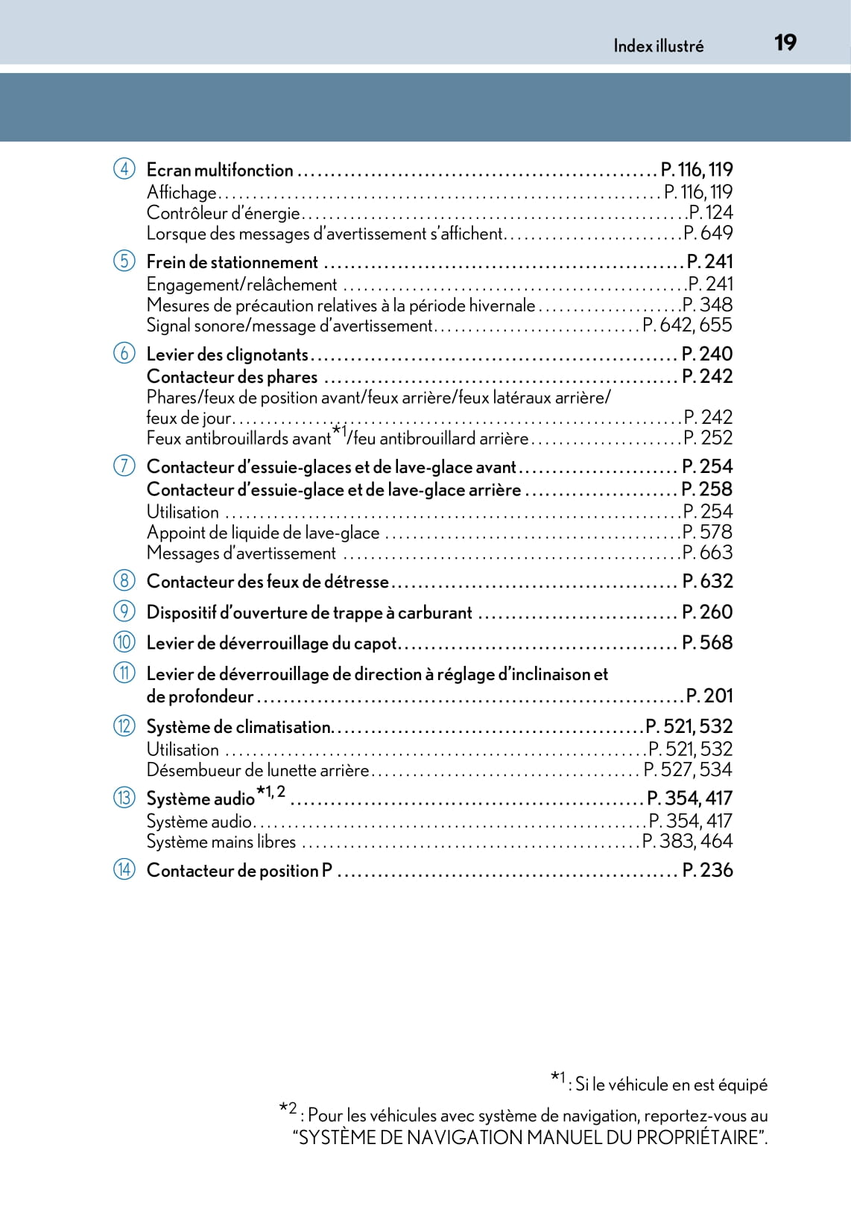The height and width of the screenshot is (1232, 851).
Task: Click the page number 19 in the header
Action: click(x=785, y=42)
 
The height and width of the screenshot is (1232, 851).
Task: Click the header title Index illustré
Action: click(x=658, y=46)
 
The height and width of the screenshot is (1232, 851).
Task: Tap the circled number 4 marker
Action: click(x=124, y=169)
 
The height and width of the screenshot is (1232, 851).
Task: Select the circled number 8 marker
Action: click(x=124, y=580)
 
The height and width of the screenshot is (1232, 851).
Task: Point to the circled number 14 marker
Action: click(x=124, y=869)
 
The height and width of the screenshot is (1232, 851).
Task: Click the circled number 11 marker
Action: click(x=124, y=673)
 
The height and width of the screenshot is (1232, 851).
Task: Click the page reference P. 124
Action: click(x=710, y=213)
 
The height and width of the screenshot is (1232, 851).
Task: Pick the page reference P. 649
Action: click(x=708, y=233)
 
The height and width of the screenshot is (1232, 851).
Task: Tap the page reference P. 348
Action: click(x=707, y=305)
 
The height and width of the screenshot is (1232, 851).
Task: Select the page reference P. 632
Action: click(x=707, y=581)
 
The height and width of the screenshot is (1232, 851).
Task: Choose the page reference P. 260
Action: click(x=707, y=612)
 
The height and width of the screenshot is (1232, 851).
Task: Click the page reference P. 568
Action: click(x=707, y=642)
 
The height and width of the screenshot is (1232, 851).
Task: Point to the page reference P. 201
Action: click(x=709, y=696)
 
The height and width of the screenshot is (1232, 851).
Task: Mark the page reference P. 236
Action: click(x=707, y=870)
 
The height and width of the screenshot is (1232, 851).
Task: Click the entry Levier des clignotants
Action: click(x=227, y=355)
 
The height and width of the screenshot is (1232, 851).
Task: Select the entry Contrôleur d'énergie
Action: click(x=223, y=213)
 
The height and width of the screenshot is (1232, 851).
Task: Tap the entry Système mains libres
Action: click(x=221, y=842)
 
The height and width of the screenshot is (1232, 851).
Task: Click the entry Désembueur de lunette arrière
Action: click(x=258, y=770)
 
